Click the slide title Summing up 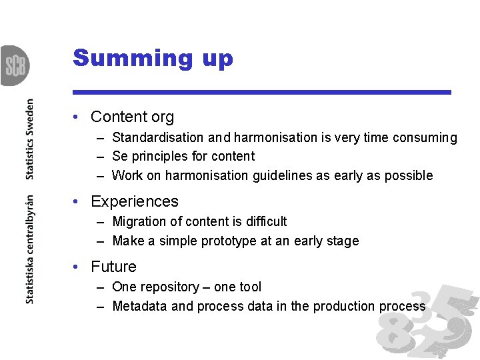pos(153,58)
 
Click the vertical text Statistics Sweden pos(29,139)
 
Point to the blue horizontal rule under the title pos(262,92)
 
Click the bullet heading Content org pos(132,117)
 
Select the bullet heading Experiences pos(134,201)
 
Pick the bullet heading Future pos(113,267)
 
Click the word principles pos(158,157)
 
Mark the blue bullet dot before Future pos(77,267)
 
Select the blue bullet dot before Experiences pos(77,202)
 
